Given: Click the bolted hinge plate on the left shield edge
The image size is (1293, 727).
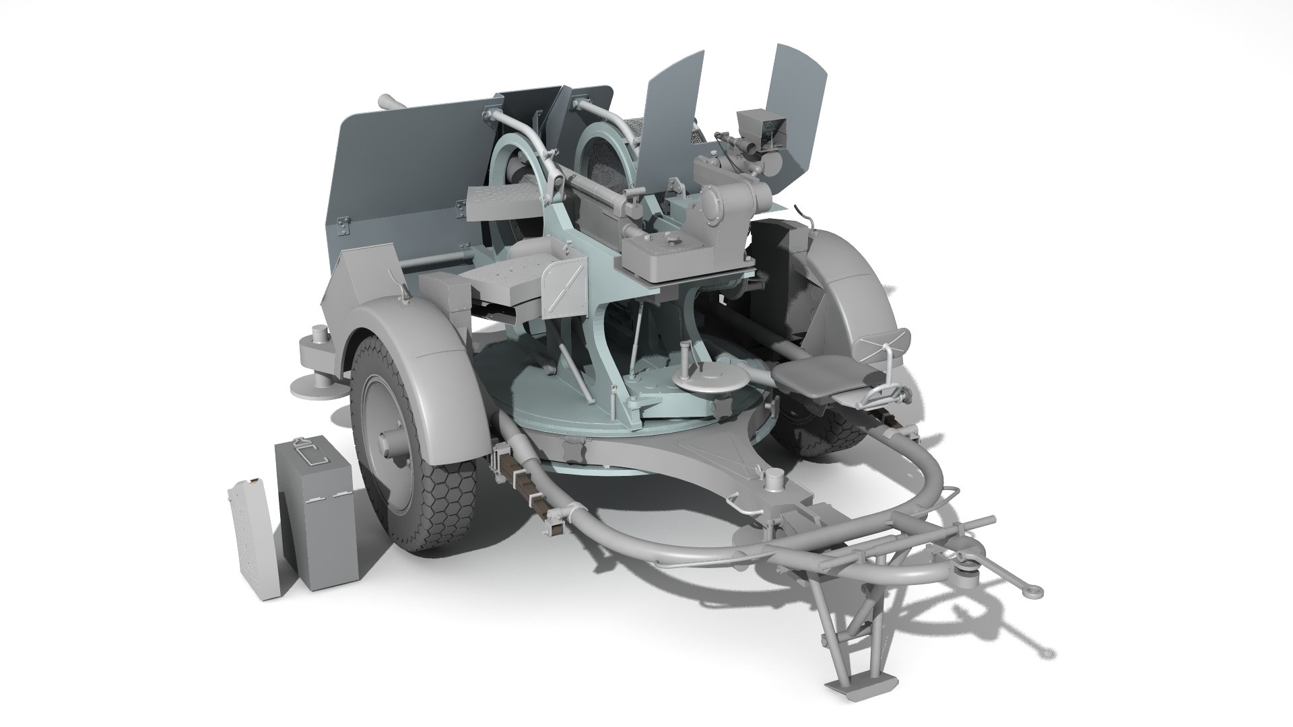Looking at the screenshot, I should [x=343, y=226].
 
